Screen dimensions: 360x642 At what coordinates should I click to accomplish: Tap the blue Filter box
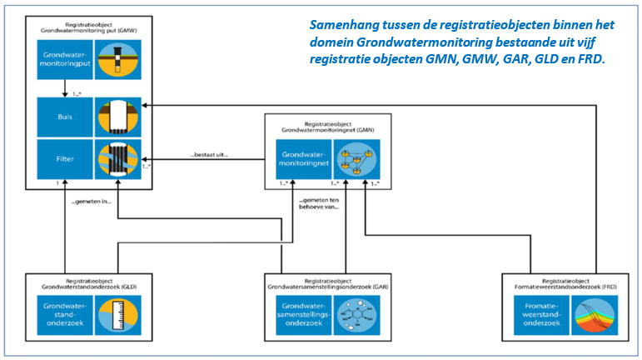point(64,157)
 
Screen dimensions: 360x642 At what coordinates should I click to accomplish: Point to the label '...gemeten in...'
point(92,202)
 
